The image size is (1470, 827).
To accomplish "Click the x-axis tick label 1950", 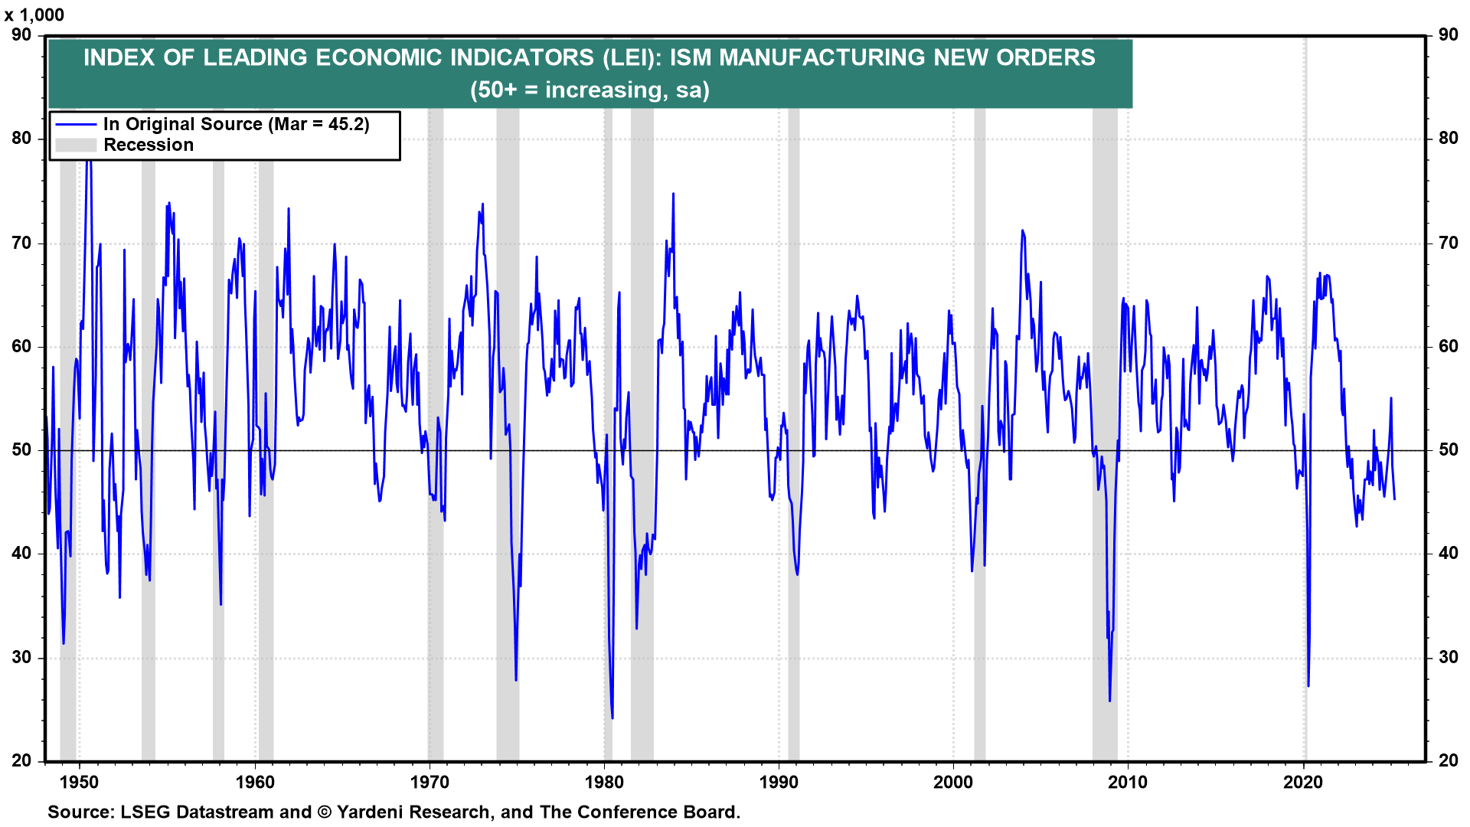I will (80, 782).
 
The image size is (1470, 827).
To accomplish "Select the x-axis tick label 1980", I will (604, 782).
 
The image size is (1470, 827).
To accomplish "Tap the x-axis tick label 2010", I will (1128, 782).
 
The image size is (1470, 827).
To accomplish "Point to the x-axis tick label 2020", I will (1303, 782).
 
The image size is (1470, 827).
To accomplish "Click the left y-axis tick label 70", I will (21, 244).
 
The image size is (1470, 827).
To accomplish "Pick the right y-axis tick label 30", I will (1448, 658).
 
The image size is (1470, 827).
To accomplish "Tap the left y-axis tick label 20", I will (21, 761).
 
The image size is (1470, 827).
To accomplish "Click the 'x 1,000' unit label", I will (34, 15).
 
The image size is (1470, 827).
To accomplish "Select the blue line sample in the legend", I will (76, 125).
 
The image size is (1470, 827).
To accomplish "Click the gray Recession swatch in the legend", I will (76, 145).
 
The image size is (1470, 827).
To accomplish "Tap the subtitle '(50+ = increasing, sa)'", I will (590, 90).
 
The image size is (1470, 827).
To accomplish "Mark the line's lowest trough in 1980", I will (612, 717).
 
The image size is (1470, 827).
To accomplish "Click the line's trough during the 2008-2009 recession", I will (1109, 700).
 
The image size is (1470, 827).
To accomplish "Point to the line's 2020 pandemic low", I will (1308, 685).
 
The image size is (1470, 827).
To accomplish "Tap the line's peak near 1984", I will (673, 194).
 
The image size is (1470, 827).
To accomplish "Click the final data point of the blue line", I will (1394, 499).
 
